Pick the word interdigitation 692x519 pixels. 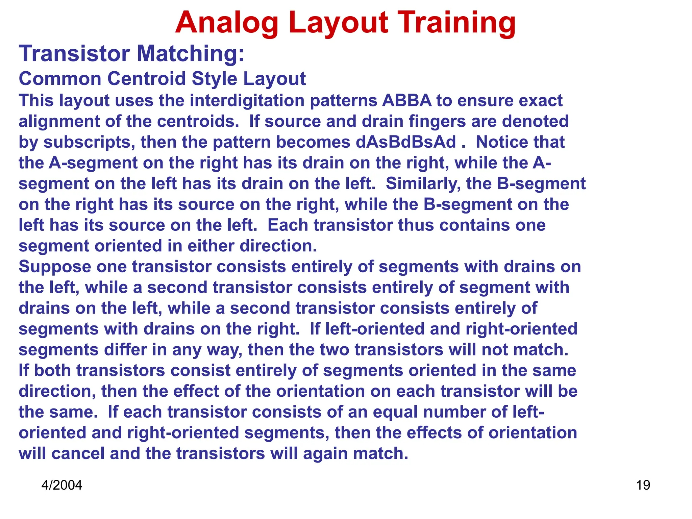pyautogui.click(x=247, y=101)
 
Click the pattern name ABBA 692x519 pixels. pyautogui.click(x=407, y=101)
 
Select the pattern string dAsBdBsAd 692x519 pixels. pyautogui.click(x=405, y=142)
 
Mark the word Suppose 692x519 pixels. pyautogui.click(x=55, y=267)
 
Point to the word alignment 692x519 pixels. pyautogui.click(x=59, y=122)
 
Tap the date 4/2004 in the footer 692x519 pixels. pyautogui.click(x=62, y=485)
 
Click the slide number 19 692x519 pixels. pyautogui.click(x=643, y=485)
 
